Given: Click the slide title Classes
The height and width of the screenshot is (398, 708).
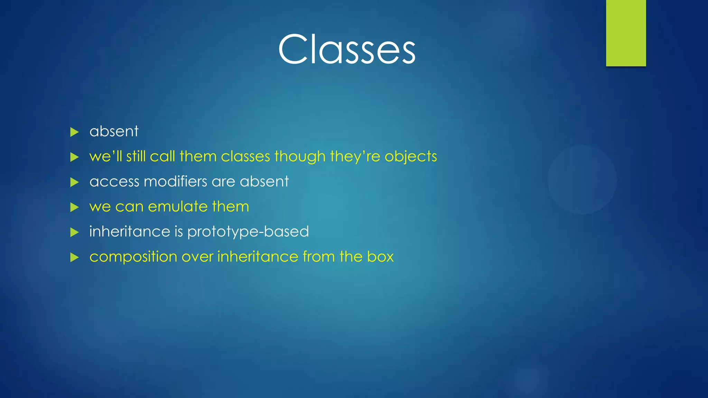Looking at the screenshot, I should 346,49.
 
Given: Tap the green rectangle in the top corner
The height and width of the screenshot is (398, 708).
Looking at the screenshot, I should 626,33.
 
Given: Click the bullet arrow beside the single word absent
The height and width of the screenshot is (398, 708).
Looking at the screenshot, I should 74,132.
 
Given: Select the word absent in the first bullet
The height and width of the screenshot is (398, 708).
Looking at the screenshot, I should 114,132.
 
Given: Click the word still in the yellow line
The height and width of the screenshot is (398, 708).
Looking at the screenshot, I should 136,156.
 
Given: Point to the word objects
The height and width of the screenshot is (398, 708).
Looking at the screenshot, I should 411,157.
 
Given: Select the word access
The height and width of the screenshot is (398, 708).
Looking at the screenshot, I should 114,182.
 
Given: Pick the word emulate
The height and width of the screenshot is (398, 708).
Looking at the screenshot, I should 177,207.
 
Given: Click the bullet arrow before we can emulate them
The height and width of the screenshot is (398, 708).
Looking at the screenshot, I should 74,207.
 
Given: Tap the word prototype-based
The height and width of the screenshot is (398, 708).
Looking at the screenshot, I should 248,232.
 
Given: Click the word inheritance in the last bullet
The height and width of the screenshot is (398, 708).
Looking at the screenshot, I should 258,257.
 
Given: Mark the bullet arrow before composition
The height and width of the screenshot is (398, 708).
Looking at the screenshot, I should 74,257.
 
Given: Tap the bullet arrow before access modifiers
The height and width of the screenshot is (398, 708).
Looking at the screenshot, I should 74,182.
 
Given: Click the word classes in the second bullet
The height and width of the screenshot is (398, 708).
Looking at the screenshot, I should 245,157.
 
